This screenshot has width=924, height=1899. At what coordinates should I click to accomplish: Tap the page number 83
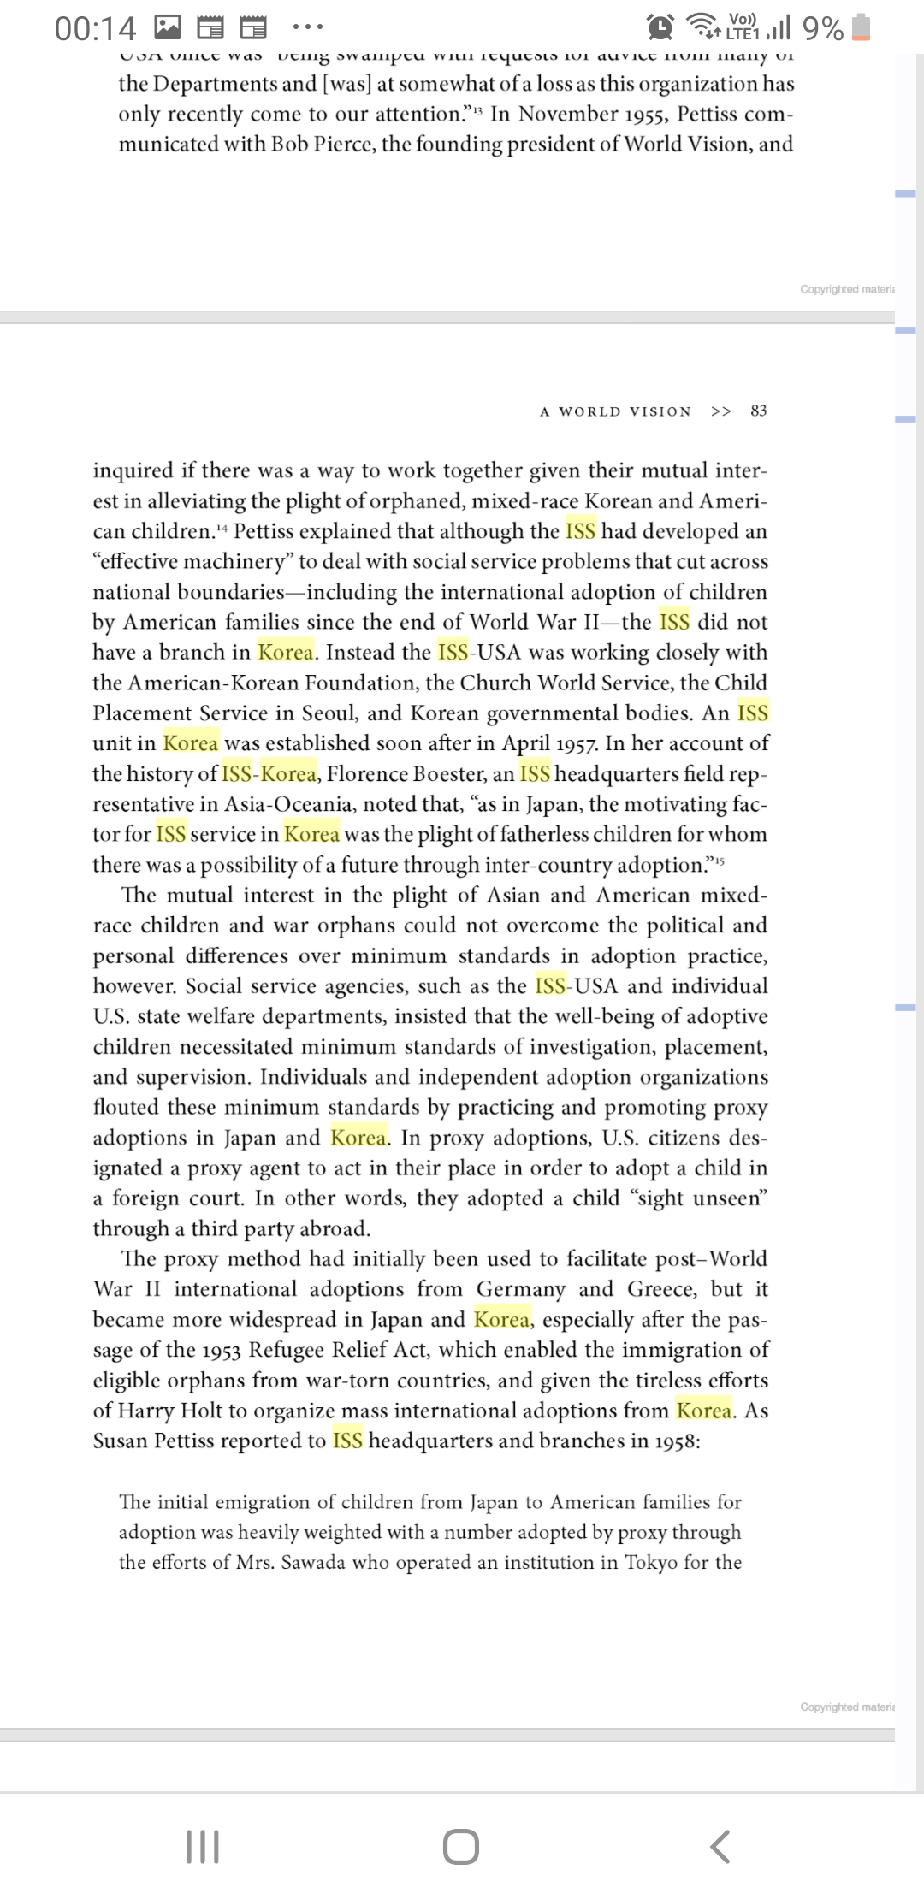click(758, 411)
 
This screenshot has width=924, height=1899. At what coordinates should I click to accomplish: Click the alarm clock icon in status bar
click(660, 27)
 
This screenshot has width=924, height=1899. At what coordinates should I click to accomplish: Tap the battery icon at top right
click(862, 27)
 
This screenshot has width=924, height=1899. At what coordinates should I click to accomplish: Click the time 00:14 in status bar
click(95, 29)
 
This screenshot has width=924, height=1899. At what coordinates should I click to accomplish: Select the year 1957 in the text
click(577, 743)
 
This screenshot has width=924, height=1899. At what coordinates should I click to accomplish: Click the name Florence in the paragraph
click(367, 774)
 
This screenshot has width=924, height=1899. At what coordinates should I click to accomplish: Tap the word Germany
click(521, 1289)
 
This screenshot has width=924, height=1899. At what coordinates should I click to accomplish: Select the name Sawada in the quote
click(313, 1562)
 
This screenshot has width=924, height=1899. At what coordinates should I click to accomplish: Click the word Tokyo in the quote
click(651, 1562)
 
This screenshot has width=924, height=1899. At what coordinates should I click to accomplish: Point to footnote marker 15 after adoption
click(720, 860)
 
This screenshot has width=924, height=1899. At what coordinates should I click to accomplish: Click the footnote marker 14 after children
click(222, 527)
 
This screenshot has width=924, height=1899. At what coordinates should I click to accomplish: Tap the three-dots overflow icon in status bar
click(307, 27)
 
